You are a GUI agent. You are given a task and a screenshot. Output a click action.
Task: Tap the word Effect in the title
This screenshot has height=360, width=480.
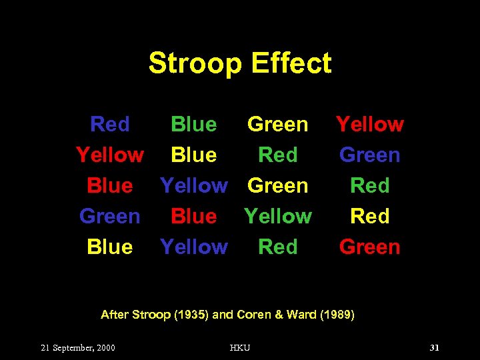pos(291,63)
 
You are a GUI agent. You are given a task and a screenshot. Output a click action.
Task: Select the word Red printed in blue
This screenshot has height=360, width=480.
pos(110,124)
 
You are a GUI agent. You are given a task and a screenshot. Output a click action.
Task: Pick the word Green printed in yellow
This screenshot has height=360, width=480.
pos(278,124)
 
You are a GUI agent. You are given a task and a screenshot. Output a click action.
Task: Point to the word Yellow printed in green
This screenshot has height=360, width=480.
pos(278,216)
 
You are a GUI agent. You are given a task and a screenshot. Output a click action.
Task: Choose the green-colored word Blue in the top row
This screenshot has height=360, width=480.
pos(193,124)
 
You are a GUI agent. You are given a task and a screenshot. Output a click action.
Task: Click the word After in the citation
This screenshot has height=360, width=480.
pos(114,315)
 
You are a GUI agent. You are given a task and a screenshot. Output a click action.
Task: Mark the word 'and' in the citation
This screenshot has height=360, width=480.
pos(223,315)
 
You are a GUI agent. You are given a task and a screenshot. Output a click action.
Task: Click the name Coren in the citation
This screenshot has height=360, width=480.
pos(254,315)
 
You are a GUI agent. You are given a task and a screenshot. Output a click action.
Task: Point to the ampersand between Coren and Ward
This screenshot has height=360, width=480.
pos(277,315)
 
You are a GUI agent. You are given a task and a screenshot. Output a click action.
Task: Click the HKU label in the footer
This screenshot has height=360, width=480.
pos(239,348)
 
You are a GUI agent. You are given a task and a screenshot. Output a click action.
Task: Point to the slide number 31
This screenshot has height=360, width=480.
pos(435,348)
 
